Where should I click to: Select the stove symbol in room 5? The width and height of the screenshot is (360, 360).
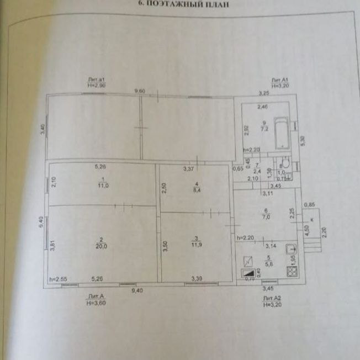point(293,271)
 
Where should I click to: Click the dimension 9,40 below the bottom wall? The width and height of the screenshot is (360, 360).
point(137,291)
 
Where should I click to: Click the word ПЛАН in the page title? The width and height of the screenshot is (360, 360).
point(215,4)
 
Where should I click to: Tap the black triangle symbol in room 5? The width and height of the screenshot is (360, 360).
point(250,272)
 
